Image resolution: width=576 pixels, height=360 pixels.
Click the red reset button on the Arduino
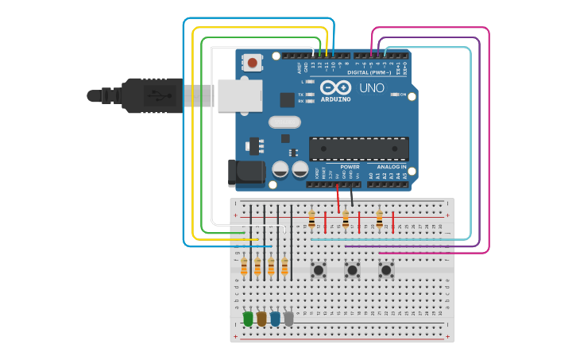point(253,62)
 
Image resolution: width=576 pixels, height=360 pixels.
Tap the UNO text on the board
point(372,87)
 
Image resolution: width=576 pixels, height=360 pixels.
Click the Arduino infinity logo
point(335,87)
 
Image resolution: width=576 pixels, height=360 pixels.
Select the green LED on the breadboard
point(248,319)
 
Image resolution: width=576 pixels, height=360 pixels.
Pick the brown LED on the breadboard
point(261,319)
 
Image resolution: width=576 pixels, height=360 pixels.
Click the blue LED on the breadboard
point(275,319)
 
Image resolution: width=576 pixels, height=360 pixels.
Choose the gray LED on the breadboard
point(288,319)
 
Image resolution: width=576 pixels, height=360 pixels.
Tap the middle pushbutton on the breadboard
point(352,270)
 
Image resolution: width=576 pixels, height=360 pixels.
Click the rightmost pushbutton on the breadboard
point(386,270)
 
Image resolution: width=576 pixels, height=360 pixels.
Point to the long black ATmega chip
point(359,148)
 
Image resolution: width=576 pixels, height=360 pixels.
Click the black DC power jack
point(246,172)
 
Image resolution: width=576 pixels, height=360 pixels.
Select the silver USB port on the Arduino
point(240,95)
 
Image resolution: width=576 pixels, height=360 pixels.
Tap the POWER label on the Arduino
point(350,167)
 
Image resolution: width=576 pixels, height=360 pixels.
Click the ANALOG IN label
point(391,167)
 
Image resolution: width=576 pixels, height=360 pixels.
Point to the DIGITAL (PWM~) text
point(376,72)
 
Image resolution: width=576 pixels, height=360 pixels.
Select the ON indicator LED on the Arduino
point(395,95)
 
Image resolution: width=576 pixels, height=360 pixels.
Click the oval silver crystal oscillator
point(284,122)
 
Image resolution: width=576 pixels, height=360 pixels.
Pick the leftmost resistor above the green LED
point(244,267)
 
